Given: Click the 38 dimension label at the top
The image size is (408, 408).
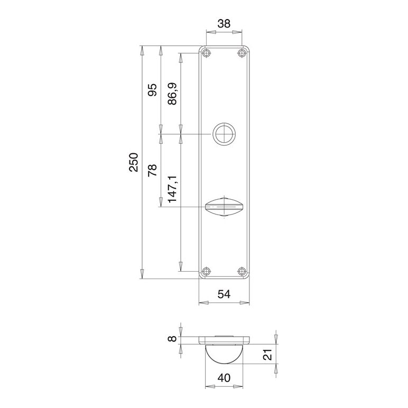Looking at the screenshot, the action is click(224, 24).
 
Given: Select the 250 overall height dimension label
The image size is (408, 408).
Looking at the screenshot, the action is click(134, 162).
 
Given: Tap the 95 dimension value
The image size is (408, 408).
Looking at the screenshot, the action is click(153, 90).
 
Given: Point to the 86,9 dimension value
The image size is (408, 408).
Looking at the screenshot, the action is click(172, 94).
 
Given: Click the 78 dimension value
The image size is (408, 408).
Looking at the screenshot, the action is click(153, 170).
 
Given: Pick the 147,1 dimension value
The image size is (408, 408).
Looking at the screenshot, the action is click(172, 189).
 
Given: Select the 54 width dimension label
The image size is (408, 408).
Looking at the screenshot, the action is click(224, 294).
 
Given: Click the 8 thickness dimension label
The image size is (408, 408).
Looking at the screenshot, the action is click(172, 339).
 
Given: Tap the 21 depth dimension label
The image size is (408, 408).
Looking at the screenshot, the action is click(268, 354).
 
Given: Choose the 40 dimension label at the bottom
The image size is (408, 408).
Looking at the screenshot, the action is click(224, 377).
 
